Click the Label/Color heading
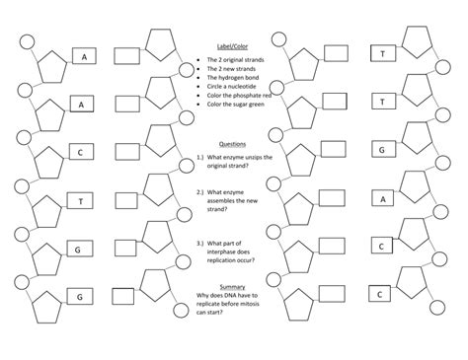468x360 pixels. [232, 47]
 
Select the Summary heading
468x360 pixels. [232, 287]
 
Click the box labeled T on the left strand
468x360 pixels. [80, 201]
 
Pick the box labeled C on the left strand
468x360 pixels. [80, 152]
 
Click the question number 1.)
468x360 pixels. [200, 156]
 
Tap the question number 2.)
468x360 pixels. [200, 192]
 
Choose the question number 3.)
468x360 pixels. [200, 242]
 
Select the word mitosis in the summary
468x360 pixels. [256, 307]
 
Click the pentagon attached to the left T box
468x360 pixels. [43, 209]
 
